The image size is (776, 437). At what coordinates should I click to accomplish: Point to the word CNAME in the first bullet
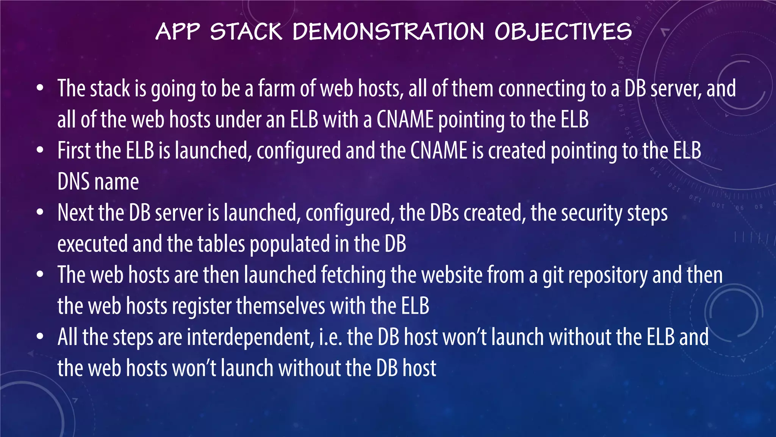pos(405,119)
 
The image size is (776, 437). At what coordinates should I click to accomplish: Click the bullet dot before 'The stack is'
pos(40,89)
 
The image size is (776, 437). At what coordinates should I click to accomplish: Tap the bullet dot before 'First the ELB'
pos(40,151)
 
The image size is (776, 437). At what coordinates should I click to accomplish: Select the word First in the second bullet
pos(74,151)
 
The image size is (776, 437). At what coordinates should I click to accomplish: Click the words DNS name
pos(98,182)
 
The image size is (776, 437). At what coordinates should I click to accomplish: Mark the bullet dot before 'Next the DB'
pos(40,213)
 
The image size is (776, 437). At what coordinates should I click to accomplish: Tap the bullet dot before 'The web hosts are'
pos(40,275)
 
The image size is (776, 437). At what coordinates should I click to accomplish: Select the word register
pos(202,307)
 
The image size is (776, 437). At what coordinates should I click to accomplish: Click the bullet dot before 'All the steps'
pos(40,337)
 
